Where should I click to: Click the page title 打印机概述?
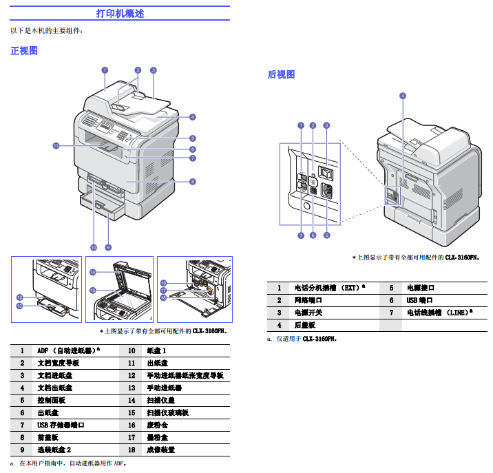pos(120,14)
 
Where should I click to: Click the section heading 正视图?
pos(23,51)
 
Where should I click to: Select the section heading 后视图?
pos(281,74)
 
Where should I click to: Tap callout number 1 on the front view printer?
pos(104,70)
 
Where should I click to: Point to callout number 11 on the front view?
pos(56,145)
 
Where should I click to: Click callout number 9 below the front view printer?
pos(108,246)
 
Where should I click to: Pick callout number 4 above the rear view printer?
pos(402,96)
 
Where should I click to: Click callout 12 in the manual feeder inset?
pos(20,297)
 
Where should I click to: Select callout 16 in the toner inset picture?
pos(163,283)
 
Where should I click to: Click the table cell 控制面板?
pos(51,400)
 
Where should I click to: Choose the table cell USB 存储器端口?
pos(61,425)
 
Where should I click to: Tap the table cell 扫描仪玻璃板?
pos(167,412)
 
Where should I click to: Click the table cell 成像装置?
pos(160,450)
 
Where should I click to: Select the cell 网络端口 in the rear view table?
pos(308,300)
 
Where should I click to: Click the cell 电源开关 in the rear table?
pos(308,313)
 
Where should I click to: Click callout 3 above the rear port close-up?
pos(326,125)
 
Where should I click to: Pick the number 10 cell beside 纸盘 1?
pos(131,350)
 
